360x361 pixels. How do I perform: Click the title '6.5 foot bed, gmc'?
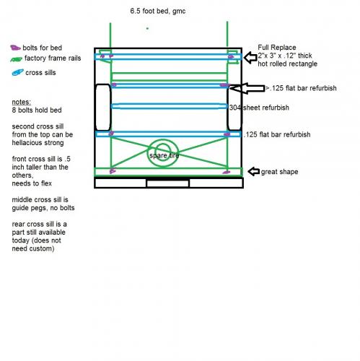click(158, 11)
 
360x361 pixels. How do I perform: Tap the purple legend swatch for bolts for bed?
click(15, 48)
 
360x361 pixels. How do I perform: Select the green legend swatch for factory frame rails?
click(17, 59)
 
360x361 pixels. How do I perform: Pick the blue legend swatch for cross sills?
click(18, 72)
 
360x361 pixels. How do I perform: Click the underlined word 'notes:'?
click(22, 102)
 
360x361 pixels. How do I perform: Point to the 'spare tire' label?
click(164, 155)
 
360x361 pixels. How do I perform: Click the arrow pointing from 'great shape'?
click(253, 172)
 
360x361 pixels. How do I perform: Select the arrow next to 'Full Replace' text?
click(250, 58)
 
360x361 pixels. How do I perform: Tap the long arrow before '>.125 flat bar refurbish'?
click(247, 88)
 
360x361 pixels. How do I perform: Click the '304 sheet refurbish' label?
click(259, 108)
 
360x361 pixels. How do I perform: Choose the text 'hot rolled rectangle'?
click(287, 64)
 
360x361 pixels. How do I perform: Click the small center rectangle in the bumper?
click(167, 183)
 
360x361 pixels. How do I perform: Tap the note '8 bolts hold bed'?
click(37, 110)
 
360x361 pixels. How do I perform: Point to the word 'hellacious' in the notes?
click(26, 143)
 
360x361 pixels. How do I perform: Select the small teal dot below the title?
click(147, 28)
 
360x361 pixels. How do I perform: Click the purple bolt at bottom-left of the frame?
click(113, 171)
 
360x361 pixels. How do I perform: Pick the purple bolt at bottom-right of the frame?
click(226, 173)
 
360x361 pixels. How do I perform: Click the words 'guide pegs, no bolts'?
click(43, 208)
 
